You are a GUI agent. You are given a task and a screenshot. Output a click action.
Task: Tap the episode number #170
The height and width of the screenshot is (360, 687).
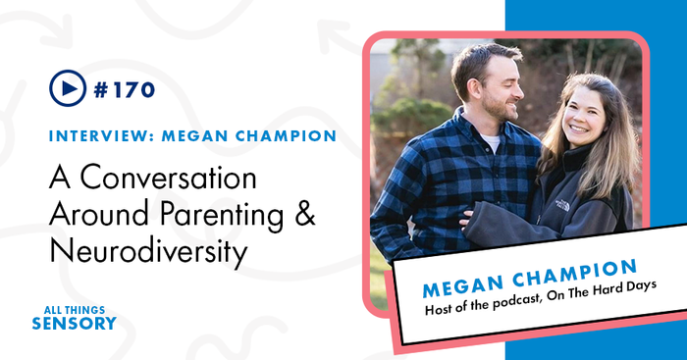click(x=126, y=90)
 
